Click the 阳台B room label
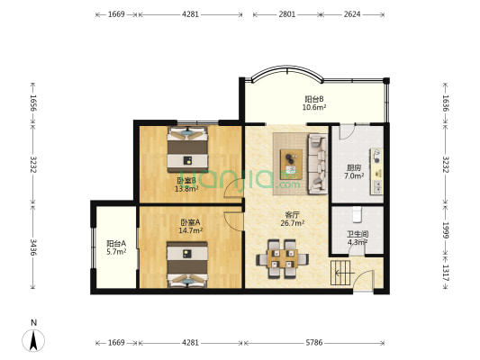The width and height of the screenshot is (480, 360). (x=314, y=99)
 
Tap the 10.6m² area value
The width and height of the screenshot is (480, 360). (x=314, y=107)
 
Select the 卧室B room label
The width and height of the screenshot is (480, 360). (x=186, y=181)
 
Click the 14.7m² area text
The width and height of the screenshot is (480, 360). (x=190, y=230)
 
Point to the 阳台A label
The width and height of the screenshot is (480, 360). (x=116, y=244)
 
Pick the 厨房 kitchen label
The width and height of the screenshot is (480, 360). (x=354, y=167)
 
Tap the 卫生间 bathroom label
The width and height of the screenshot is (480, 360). (x=358, y=234)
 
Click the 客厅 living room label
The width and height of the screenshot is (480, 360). (x=293, y=214)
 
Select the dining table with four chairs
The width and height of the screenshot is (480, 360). (x=282, y=259)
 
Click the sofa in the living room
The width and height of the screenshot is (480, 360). (x=318, y=164)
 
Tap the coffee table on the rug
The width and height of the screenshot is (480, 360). (x=291, y=165)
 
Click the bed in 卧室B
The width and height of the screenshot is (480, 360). (x=187, y=149)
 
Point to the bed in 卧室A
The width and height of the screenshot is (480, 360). (x=187, y=265)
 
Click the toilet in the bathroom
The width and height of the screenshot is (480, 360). (x=357, y=214)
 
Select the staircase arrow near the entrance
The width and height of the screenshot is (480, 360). (x=345, y=273)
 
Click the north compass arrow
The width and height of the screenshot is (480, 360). (x=33, y=340)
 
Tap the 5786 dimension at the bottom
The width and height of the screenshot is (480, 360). (x=314, y=343)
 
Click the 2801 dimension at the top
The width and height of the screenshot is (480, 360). (x=287, y=14)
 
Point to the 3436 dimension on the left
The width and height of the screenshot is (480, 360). (x=33, y=247)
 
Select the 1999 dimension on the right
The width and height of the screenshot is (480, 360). (x=446, y=230)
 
